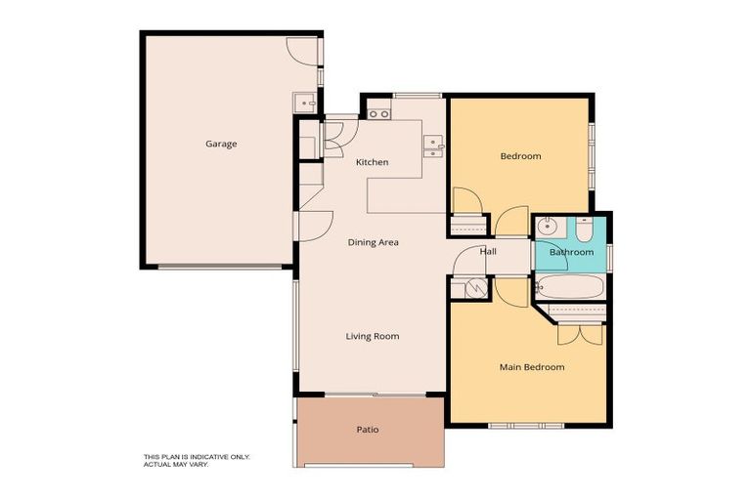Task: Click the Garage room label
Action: [x=220, y=144]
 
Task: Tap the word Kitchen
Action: [x=372, y=161]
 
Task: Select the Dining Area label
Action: [x=374, y=241]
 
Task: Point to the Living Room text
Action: [x=373, y=336]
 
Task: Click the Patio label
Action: [x=368, y=429]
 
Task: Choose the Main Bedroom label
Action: [x=532, y=367]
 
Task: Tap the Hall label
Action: [x=488, y=251]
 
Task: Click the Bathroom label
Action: [x=571, y=252]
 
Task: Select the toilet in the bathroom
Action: [x=583, y=229]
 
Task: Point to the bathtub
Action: [x=569, y=288]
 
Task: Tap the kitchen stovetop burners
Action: [x=378, y=114]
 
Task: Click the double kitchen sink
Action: [x=432, y=146]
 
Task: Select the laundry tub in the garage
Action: [x=305, y=102]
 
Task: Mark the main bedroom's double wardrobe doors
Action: [x=580, y=334]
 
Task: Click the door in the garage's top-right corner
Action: [x=302, y=52]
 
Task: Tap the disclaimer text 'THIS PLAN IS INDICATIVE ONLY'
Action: [x=197, y=456]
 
